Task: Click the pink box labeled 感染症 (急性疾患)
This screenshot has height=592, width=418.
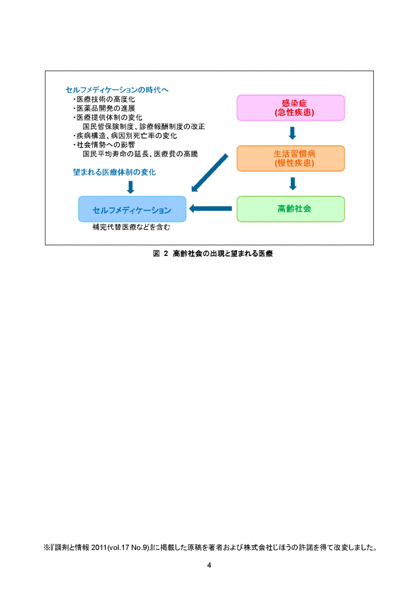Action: pos(290,108)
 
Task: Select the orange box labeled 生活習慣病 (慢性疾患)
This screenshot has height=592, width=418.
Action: pos(290,158)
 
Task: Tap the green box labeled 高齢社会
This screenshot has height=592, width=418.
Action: pos(290,209)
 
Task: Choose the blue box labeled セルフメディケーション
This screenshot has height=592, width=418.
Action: pos(132,209)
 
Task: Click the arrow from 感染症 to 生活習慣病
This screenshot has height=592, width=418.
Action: pos(292,133)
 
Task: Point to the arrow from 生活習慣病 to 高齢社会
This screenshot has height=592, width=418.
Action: pos(293,184)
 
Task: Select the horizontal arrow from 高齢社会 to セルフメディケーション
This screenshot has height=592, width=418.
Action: pos(210,209)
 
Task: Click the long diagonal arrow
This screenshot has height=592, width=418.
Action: pos(209,173)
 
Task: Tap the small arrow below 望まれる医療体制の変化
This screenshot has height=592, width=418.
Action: pos(130,187)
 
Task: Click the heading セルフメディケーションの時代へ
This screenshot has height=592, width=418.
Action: pos(117,90)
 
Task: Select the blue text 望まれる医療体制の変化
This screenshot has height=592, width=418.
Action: pos(114,173)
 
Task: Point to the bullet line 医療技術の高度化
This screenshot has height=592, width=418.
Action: pos(104,99)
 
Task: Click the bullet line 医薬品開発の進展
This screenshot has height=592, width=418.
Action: pos(104,108)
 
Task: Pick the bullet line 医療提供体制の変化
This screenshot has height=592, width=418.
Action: pos(108,117)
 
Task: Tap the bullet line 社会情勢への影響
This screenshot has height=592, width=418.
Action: pos(104,145)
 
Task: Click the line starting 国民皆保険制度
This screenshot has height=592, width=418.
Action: pos(144,127)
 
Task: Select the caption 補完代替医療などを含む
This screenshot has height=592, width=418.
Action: pos(131,227)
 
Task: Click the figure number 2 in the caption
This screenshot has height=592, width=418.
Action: pos(166,253)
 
